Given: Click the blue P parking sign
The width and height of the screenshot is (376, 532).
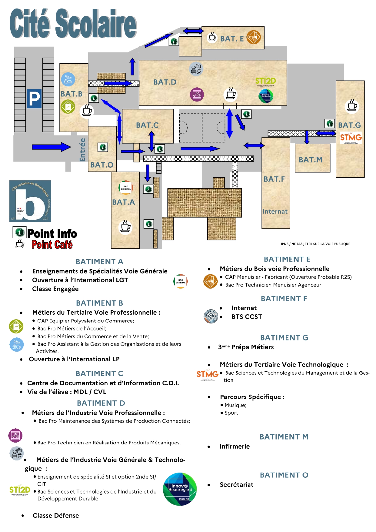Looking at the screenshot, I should [34, 99].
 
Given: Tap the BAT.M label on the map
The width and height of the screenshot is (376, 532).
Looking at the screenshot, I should [310, 160].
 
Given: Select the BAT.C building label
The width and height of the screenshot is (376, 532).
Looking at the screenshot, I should [147, 125].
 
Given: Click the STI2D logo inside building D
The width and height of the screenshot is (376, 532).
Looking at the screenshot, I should [265, 81].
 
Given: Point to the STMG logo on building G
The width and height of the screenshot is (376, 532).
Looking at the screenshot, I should [351, 138].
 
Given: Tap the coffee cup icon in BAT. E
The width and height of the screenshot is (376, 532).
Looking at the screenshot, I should [212, 37].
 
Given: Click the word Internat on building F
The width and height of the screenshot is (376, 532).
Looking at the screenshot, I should [275, 212].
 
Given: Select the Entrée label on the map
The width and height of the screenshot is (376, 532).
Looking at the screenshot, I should [82, 150].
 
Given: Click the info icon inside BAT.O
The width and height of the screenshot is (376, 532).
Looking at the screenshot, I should [103, 147].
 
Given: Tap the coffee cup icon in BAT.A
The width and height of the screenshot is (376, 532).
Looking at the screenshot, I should [125, 226].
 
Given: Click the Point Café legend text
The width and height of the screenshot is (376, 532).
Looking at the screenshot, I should [52, 245].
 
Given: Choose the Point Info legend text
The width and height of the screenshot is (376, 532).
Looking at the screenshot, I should [52, 234].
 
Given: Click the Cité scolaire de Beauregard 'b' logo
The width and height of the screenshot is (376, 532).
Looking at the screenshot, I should [30, 201].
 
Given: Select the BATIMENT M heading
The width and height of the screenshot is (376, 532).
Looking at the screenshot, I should [284, 437].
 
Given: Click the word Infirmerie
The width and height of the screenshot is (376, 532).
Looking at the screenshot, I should [235, 447].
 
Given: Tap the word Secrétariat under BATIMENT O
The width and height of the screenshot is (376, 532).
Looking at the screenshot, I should [236, 485].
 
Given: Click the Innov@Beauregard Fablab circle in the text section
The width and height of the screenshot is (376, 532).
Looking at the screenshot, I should [180, 489].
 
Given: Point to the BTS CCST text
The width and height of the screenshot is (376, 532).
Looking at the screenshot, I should [247, 317].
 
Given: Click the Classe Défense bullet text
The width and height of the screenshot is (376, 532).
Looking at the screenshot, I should [56, 516].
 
